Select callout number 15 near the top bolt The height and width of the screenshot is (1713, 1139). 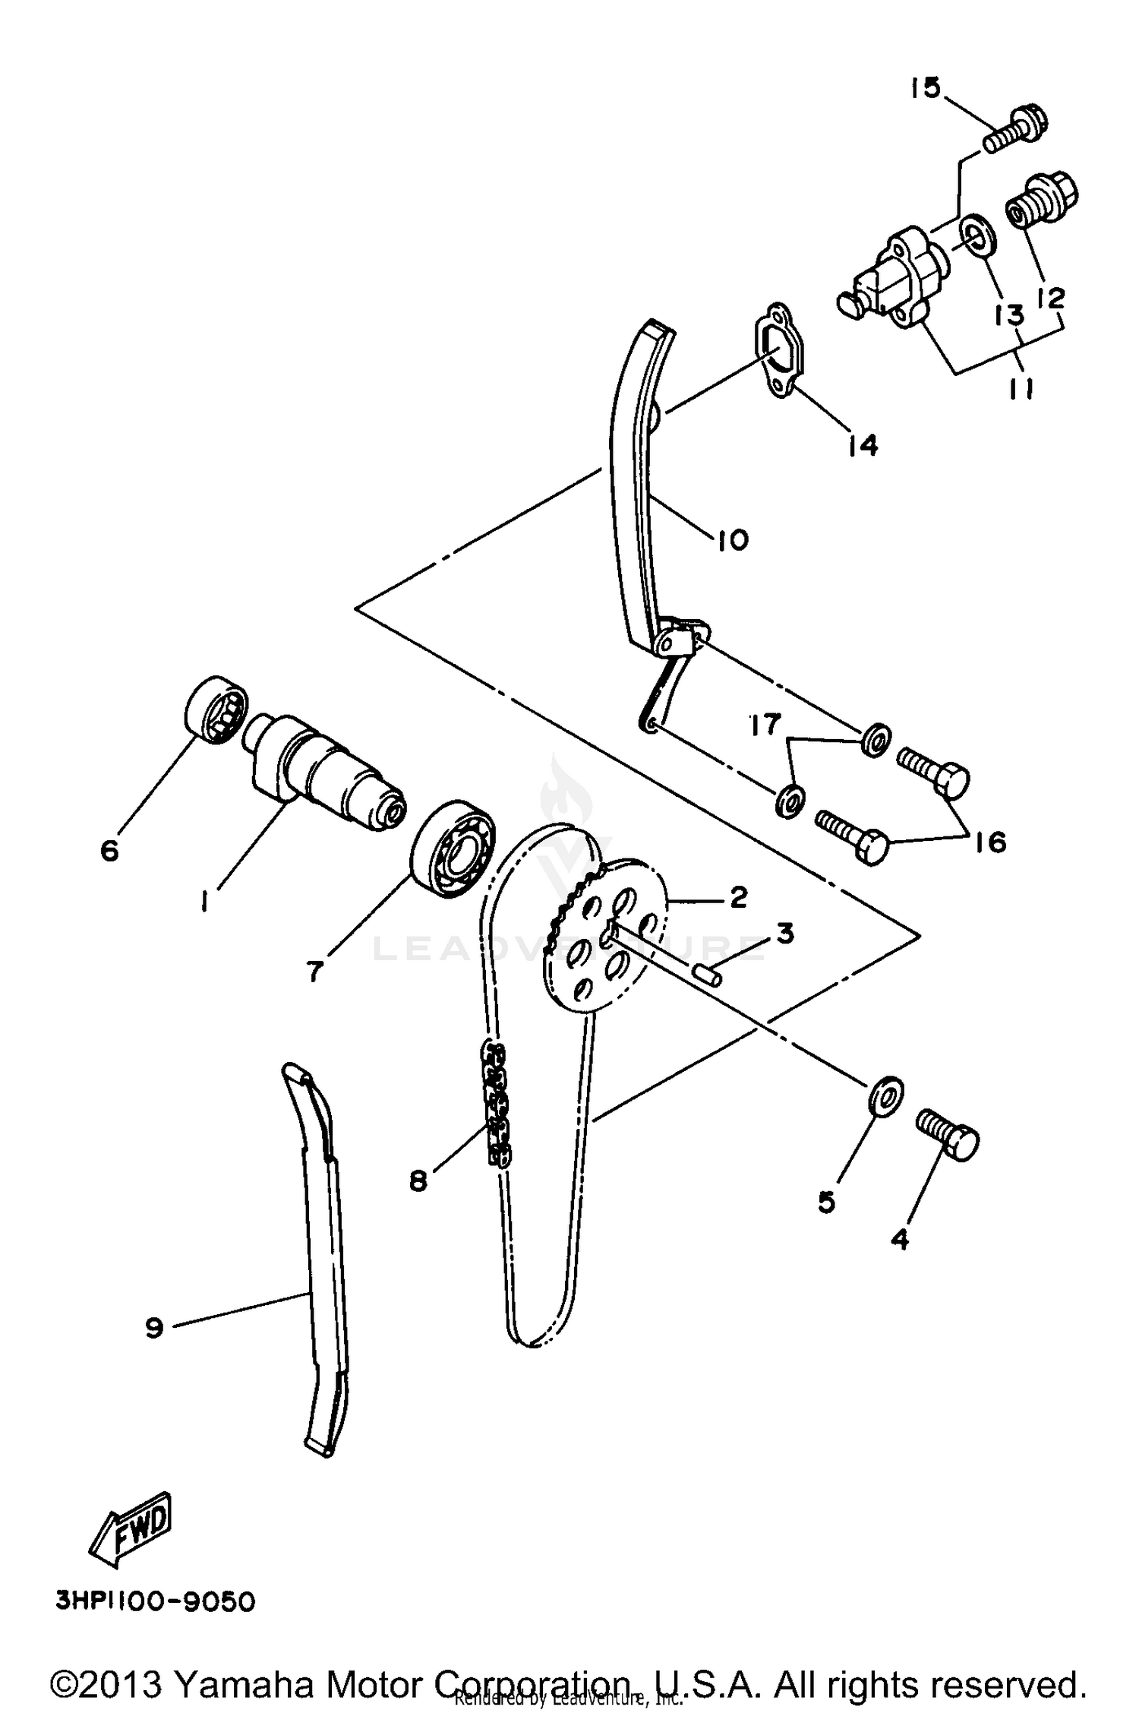pos(926,89)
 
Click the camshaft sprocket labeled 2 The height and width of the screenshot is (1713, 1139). pos(607,934)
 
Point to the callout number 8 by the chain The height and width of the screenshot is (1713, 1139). pos(418,1180)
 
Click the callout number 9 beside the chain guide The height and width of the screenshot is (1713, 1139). pos(154,1328)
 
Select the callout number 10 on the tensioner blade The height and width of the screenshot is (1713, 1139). pos(731,540)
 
